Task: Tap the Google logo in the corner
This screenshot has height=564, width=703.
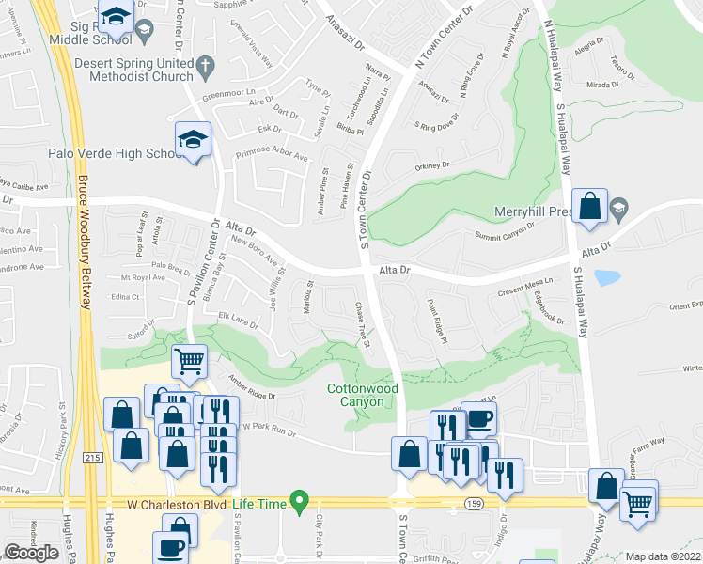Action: coord(31,552)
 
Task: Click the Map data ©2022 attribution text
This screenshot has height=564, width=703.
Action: coord(663,556)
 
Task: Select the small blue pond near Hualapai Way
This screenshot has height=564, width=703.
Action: coord(607,278)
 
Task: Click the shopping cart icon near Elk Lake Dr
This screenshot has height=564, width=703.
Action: coord(190,360)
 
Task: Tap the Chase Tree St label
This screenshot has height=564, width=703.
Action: coord(362,322)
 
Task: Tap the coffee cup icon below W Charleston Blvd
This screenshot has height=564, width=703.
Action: coord(171,548)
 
